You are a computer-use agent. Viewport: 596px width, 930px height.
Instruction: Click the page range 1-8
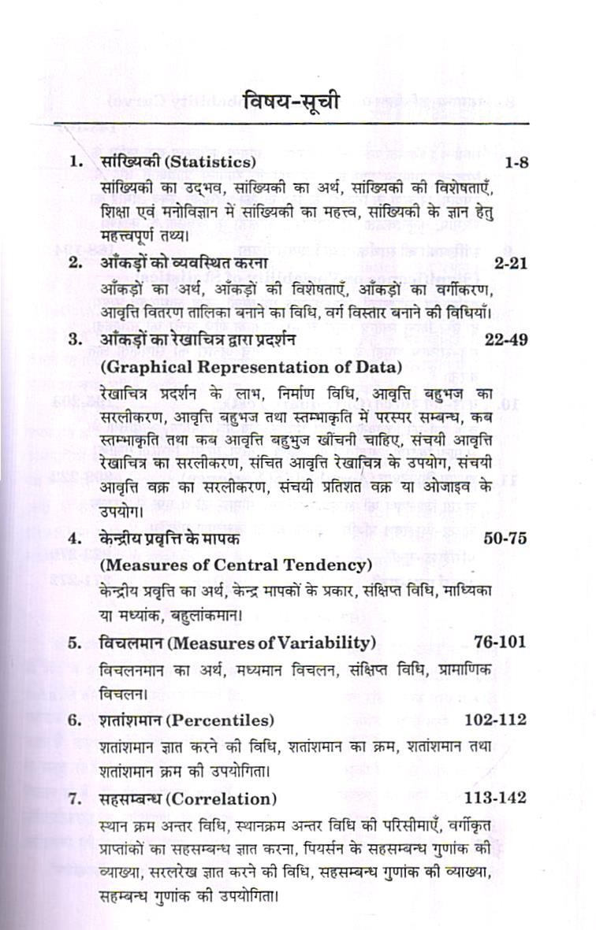(515, 162)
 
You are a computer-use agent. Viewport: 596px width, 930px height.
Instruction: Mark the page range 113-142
(495, 798)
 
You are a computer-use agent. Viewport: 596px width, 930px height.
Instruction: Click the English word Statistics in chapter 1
(207, 162)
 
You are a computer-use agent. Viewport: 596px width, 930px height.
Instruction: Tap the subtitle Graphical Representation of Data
(251, 367)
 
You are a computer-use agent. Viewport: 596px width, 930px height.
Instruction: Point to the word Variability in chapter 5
(321, 643)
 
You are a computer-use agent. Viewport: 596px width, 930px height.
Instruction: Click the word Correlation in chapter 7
(228, 798)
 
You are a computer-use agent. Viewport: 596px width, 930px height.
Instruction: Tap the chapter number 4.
(75, 539)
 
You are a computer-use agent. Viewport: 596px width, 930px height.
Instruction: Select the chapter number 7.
(75, 798)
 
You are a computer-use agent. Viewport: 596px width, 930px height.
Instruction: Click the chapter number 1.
(76, 162)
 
